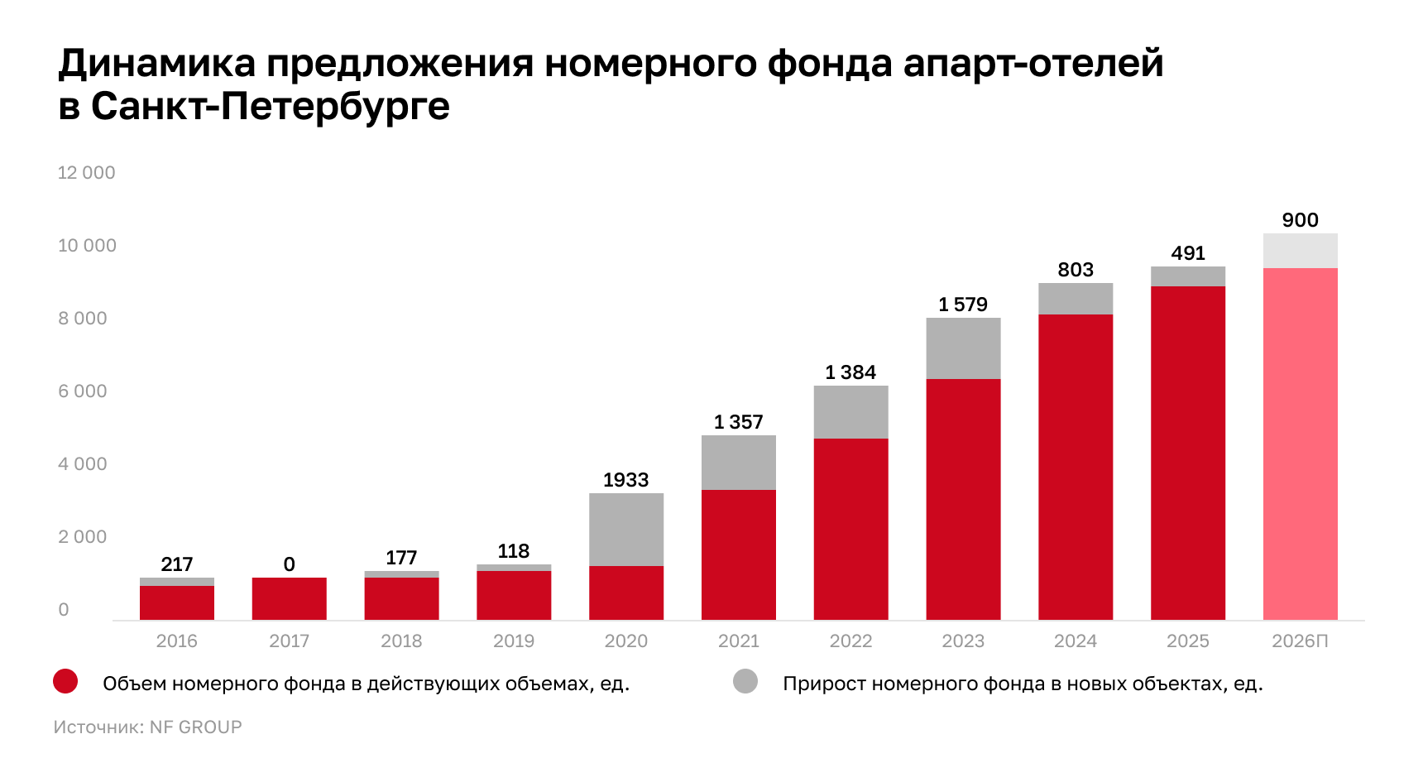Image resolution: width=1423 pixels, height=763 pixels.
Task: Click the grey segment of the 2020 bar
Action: (x=626, y=530)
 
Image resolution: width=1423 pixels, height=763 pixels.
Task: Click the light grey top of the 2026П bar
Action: (x=1300, y=251)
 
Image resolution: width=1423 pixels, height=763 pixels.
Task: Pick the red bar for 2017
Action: (x=289, y=598)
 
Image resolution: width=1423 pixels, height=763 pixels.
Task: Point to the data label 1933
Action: (x=625, y=480)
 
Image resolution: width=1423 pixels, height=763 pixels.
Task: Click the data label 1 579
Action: (x=963, y=305)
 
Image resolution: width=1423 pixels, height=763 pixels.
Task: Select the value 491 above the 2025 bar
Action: (x=1188, y=253)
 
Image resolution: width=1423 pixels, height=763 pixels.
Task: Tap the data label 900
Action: (x=1300, y=220)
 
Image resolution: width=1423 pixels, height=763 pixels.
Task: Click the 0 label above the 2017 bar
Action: (x=289, y=564)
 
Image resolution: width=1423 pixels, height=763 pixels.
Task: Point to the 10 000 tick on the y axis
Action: (x=87, y=246)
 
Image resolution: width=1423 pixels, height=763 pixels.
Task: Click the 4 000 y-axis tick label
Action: (x=83, y=464)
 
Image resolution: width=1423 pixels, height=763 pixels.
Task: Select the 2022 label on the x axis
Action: (x=850, y=641)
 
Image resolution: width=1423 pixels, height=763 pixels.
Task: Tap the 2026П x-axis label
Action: (x=1300, y=641)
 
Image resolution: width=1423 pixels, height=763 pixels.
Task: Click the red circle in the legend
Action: (x=65, y=682)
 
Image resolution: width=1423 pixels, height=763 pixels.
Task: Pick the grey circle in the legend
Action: (x=745, y=682)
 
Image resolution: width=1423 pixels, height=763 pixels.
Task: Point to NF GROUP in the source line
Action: (x=196, y=727)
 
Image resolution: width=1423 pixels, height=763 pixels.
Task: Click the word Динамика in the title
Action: (x=157, y=64)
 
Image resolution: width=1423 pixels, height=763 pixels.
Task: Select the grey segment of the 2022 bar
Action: (x=850, y=412)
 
